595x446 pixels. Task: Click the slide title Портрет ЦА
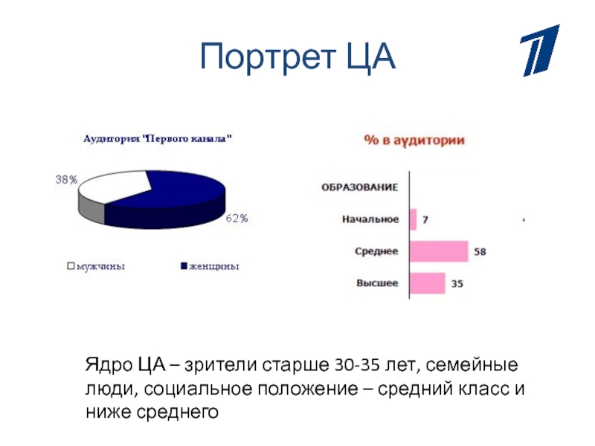point(297,57)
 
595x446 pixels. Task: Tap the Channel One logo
point(540,51)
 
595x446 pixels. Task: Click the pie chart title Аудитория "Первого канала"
point(158,139)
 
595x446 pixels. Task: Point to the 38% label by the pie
point(66,180)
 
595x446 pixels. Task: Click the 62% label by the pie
point(237,219)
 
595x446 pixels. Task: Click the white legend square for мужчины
point(71,266)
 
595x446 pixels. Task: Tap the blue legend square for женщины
point(184,266)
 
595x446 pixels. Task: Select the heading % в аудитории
point(414,140)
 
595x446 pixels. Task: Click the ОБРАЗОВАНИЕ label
point(360,187)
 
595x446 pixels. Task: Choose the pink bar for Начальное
point(414,219)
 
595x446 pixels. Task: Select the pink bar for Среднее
point(439,251)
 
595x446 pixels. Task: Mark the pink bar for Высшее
point(427,283)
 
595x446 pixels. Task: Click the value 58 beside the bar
point(480,252)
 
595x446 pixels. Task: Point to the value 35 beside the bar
point(457,284)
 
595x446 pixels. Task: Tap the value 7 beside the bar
point(425,220)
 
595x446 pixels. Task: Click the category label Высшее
point(377,283)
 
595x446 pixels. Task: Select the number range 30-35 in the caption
point(357,365)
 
